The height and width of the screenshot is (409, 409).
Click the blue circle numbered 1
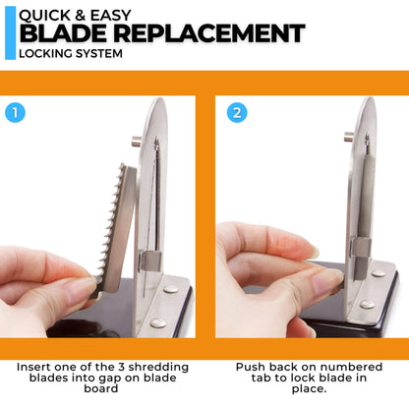(15, 113)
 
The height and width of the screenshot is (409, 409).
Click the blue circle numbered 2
(237, 113)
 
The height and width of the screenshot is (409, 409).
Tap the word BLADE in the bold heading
(63, 33)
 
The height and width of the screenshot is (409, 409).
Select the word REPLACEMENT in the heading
(209, 33)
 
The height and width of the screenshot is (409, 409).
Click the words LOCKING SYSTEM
(71, 53)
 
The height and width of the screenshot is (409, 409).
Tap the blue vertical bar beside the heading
(10, 32)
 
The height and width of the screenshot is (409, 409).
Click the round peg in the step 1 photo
(136, 142)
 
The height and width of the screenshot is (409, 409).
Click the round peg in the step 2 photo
(349, 136)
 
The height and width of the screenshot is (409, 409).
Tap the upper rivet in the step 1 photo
(170, 289)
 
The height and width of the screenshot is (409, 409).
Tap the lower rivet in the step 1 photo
(158, 323)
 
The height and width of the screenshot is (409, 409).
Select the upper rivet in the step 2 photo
(379, 272)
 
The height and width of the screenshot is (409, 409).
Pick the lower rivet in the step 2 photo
(368, 304)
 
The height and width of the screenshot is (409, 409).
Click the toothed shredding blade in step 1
(115, 229)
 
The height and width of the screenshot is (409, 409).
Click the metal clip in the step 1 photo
(150, 262)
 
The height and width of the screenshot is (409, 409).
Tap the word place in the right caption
(308, 389)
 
